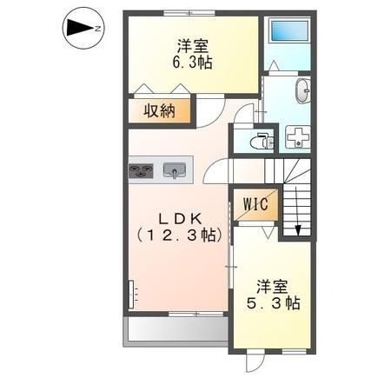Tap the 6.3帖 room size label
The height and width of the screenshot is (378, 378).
(x=192, y=63)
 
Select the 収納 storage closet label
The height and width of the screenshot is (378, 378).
(x=160, y=110)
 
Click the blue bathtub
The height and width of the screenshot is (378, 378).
(x=288, y=30)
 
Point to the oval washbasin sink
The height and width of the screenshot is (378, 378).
(x=303, y=90)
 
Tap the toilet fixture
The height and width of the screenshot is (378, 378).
(x=262, y=141)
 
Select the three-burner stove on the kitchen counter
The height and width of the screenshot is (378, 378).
(x=141, y=170)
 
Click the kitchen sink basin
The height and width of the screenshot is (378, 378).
(x=175, y=170)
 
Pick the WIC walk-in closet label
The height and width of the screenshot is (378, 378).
(x=255, y=204)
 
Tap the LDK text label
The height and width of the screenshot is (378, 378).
(x=181, y=219)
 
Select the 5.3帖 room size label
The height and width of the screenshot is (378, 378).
(x=273, y=303)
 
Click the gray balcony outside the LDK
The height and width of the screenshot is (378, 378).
(x=176, y=331)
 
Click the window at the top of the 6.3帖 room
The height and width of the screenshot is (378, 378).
(x=189, y=13)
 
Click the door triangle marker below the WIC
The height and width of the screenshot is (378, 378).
(x=269, y=233)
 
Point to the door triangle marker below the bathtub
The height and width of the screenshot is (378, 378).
(x=275, y=65)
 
